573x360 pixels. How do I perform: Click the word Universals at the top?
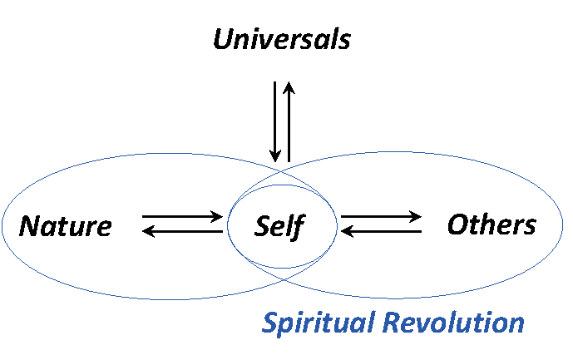pos(282,40)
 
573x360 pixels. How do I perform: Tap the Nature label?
pos(66,226)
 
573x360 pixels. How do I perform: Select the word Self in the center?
pos(280,226)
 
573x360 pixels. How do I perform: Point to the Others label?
pos(491,224)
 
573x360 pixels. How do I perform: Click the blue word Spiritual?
pos(321,323)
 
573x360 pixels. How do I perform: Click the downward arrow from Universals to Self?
pos(274,121)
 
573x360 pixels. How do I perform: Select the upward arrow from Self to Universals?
pos(289,121)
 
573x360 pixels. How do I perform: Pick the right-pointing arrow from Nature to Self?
pos(183,217)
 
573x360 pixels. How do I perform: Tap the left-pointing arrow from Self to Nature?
pos(183,231)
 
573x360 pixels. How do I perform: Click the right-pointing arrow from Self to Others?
pos(381,217)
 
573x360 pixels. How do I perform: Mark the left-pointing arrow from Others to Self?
pos(381,231)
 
